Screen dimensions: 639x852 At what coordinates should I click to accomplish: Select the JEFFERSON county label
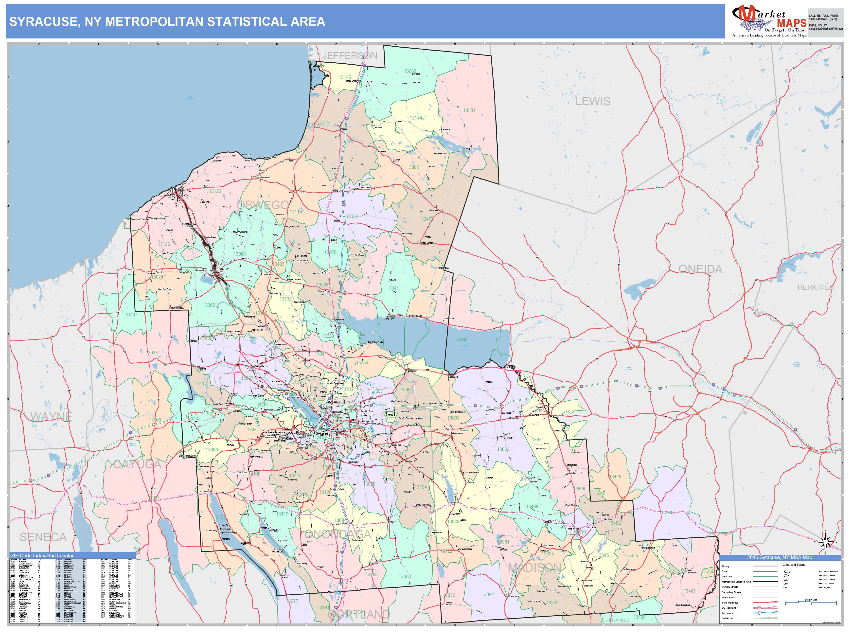[x=350, y=55]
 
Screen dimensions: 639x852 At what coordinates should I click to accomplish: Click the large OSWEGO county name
[x=263, y=205]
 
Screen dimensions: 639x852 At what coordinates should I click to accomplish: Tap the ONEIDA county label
[x=700, y=269]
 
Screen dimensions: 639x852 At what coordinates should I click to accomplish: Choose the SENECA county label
[x=43, y=537]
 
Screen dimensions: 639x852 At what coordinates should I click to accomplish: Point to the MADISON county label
[x=534, y=567]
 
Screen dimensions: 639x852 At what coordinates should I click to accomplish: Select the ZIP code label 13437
[x=469, y=110]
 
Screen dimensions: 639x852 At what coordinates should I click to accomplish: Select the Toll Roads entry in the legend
[x=728, y=618]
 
